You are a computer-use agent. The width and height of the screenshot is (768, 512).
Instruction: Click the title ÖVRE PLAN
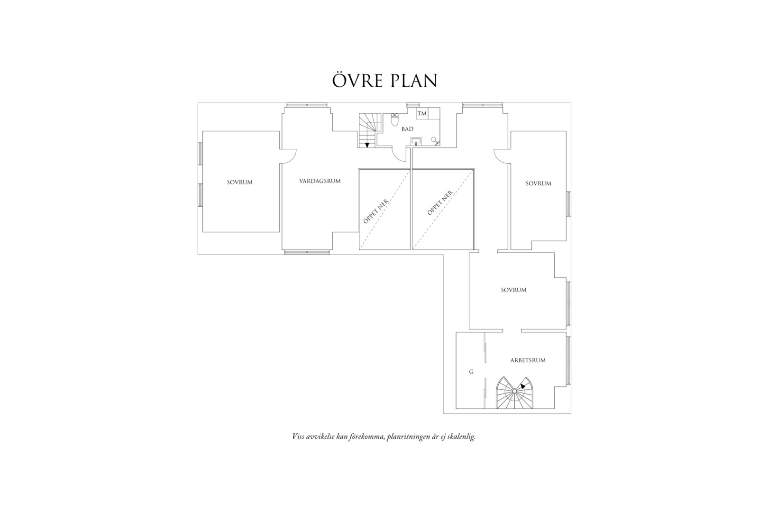(384, 80)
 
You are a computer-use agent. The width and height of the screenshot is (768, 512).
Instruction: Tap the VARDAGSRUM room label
(320, 181)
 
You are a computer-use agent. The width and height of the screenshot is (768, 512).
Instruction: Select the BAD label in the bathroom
(408, 129)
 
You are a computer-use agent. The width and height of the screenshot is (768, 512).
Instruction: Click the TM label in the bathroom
(422, 113)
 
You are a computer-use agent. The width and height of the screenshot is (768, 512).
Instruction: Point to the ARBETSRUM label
(528, 360)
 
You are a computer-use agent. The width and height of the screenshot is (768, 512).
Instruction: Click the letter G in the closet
(471, 372)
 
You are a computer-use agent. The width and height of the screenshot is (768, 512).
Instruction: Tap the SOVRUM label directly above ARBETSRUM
(513, 290)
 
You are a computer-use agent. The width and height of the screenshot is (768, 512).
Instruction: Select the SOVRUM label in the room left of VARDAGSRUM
(240, 183)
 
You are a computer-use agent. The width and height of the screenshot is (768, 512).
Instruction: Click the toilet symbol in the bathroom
(394, 119)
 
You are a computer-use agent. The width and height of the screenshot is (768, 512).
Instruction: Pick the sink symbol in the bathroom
(417, 141)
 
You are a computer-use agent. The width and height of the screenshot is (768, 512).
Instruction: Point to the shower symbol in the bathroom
(435, 141)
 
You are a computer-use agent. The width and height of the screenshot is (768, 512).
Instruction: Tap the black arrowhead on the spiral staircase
(523, 386)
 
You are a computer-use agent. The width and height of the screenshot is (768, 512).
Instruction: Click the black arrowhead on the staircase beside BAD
(367, 145)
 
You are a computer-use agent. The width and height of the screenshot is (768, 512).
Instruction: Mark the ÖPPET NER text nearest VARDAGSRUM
(376, 211)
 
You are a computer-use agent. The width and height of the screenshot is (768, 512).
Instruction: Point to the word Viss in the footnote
(298, 437)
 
